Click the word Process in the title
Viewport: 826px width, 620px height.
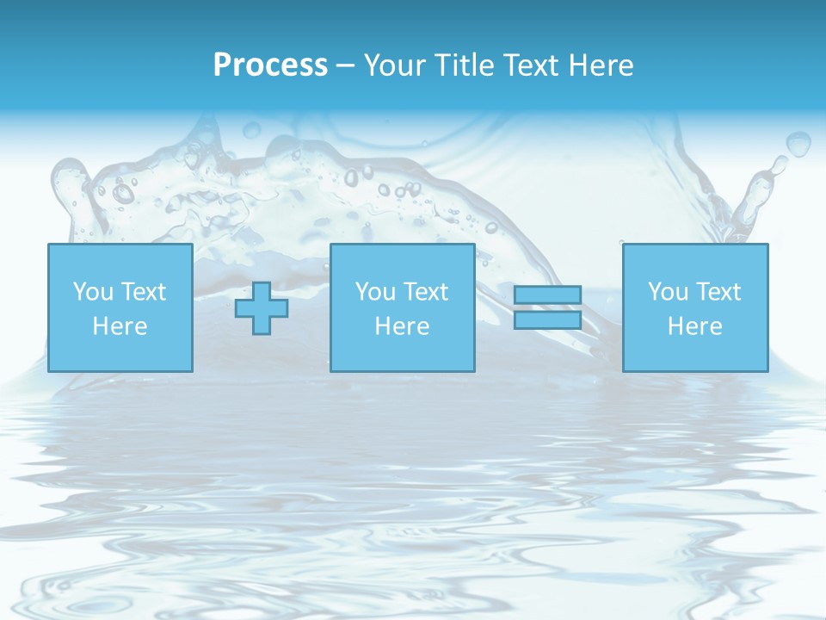click(270, 65)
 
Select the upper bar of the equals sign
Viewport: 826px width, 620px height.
click(547, 294)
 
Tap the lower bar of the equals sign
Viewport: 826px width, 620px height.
click(547, 320)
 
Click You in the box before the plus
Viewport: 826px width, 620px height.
click(92, 292)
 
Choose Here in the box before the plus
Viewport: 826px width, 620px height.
click(120, 326)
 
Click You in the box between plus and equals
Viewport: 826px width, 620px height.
click(374, 292)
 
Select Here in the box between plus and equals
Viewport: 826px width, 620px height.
click(402, 326)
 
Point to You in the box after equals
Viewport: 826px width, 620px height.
click(667, 292)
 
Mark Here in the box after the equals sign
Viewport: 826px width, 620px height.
click(694, 326)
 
